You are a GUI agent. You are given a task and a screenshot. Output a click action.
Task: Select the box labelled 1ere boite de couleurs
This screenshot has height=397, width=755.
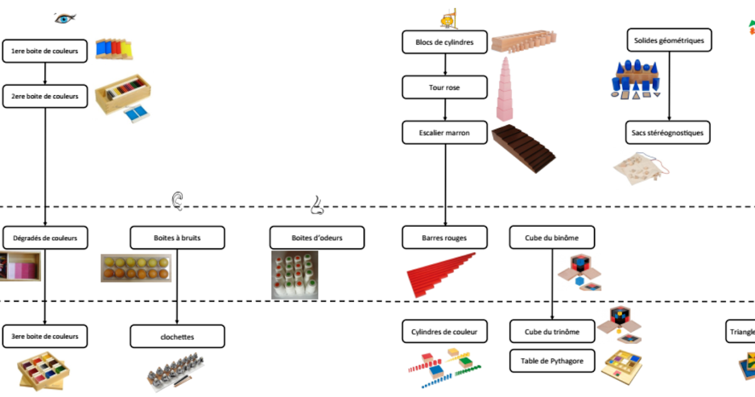45,51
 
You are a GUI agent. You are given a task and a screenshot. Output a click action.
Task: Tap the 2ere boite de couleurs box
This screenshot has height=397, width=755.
45,96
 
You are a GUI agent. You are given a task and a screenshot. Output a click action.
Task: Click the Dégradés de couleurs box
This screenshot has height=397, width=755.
45,238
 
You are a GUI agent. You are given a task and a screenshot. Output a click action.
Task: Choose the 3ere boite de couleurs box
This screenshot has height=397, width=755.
45,336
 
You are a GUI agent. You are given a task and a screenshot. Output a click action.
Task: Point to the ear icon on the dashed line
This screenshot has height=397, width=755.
178,200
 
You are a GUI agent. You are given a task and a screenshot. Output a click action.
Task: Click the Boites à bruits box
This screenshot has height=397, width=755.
177,238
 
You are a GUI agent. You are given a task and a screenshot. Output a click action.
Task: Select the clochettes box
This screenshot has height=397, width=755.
177,337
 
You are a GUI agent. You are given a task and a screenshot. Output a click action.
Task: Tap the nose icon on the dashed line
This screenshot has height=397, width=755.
317,205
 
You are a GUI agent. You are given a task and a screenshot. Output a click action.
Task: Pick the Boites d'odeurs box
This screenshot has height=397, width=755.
317,238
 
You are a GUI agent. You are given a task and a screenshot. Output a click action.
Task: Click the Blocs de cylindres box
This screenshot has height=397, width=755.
445,42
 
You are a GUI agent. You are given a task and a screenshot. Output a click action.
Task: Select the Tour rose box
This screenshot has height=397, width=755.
445,88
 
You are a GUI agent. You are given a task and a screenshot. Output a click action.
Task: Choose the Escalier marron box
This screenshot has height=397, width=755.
445,133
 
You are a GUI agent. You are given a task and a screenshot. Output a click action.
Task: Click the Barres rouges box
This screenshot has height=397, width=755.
445,238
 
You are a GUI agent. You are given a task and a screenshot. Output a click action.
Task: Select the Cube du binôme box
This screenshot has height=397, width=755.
552,238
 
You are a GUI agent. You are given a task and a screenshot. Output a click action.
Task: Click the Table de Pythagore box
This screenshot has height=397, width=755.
552,361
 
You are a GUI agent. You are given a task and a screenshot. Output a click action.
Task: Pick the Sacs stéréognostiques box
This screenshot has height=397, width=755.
668,133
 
